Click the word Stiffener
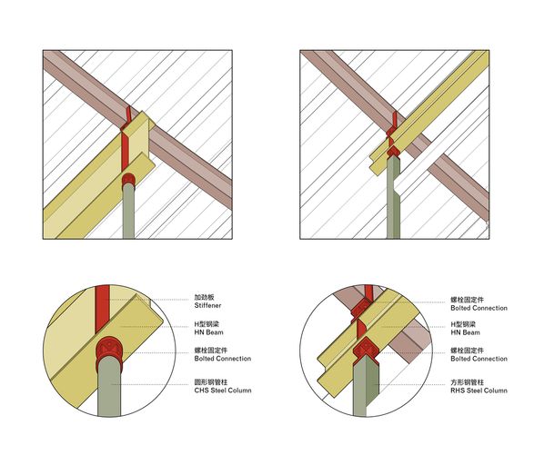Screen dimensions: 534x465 coord(207,305)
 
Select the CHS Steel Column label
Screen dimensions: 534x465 coord(223,391)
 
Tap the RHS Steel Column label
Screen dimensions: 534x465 coord(479,391)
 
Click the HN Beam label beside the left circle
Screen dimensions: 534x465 coord(208,332)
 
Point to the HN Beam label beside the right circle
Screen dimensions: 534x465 coord(465,332)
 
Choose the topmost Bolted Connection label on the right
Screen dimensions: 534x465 coord(479,308)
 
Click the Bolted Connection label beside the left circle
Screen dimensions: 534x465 coord(223,358)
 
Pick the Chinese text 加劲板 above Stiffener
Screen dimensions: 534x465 coord(205,297)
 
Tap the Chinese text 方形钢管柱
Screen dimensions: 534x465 coord(467,382)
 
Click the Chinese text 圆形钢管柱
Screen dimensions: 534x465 coord(211,382)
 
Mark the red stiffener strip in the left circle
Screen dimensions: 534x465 coord(102,308)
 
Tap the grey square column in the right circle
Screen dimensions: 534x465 coord(366,388)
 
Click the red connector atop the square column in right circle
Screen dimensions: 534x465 coord(365,349)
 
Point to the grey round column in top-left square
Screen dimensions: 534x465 coord(128,211)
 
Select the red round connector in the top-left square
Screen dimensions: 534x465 coord(128,179)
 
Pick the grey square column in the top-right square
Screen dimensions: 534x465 coord(393,197)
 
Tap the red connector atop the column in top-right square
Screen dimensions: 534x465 coord(393,151)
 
